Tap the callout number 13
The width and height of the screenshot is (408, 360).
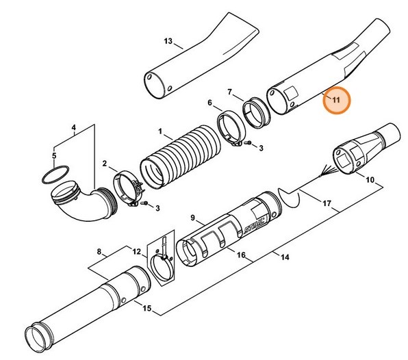click(168, 42)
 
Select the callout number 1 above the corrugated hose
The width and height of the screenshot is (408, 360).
click(160, 131)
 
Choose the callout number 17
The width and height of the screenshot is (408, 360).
click(327, 203)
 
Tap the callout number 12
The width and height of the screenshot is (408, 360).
click(136, 252)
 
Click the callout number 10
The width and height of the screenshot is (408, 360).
click(369, 181)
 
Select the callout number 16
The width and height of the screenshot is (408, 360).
click(240, 255)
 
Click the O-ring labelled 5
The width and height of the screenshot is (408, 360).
click(53, 175)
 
